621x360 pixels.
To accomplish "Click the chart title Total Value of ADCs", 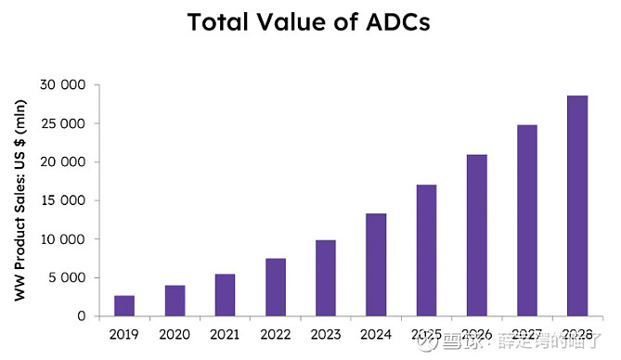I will click(310, 22).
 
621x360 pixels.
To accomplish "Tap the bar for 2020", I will click(175, 301).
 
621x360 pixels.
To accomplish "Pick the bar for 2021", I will click(225, 295).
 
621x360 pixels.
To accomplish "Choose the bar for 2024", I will click(376, 265).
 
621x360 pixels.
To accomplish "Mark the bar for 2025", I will click(426, 251).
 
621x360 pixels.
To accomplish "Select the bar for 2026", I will click(476, 236).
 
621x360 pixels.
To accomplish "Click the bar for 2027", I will click(527, 221).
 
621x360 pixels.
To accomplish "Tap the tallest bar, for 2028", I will click(577, 206).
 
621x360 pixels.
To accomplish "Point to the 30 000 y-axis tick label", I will click(63, 85).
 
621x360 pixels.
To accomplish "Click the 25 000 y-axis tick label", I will click(63, 123).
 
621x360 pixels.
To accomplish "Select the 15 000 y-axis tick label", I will click(63, 200).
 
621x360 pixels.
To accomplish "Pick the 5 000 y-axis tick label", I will click(67, 277).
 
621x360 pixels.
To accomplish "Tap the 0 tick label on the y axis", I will click(82, 316).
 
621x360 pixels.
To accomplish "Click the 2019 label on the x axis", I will click(124, 335).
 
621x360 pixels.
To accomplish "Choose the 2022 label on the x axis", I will click(275, 335).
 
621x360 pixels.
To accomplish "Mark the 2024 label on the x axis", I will click(376, 335).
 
